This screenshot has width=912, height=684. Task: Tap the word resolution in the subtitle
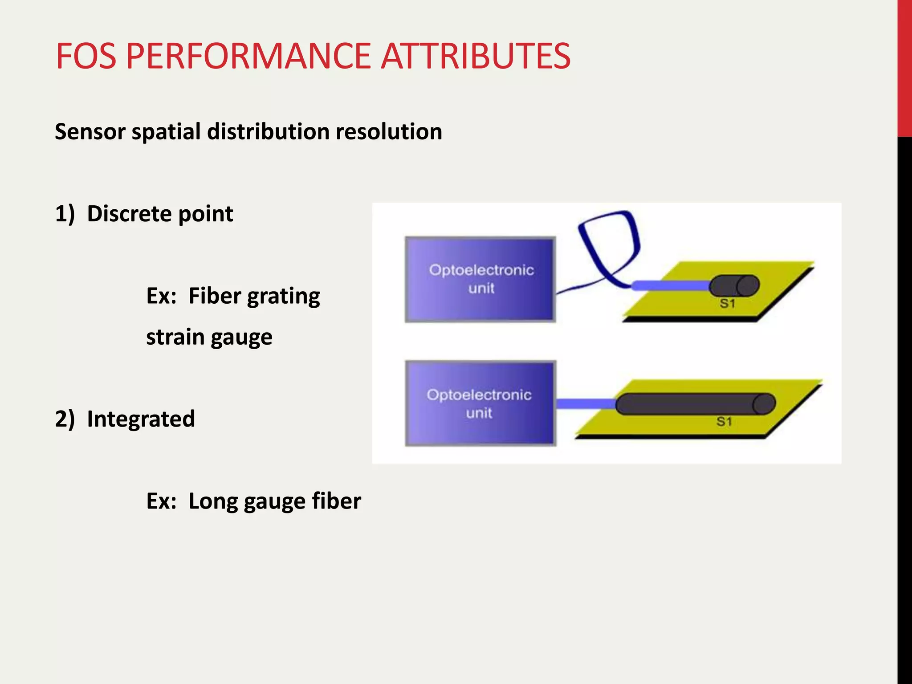tap(389, 132)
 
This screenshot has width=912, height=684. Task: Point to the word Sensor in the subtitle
tap(90, 132)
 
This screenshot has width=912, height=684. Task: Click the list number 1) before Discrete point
tap(65, 214)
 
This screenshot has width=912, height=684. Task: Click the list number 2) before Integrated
tap(65, 419)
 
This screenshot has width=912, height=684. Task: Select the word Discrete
tap(129, 214)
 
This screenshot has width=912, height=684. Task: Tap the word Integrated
tap(141, 419)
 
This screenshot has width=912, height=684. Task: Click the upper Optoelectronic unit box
tap(480, 279)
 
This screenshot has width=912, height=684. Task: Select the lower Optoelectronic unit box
tap(480, 403)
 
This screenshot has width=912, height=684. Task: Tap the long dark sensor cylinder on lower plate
tap(695, 404)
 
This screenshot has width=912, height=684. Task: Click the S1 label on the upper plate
tap(727, 304)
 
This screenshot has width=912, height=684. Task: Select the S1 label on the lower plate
tap(724, 422)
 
